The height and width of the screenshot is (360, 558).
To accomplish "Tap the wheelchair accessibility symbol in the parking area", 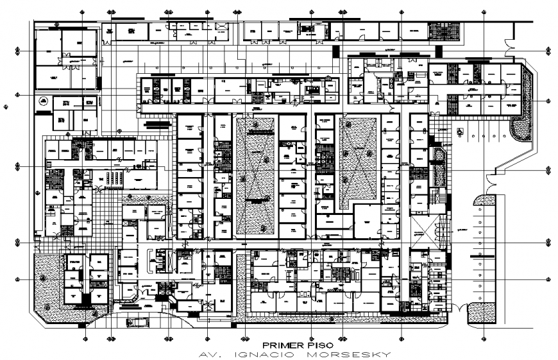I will pyautogui.click(x=459, y=131).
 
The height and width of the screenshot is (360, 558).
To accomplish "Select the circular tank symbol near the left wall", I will pyautogui.click(x=44, y=101).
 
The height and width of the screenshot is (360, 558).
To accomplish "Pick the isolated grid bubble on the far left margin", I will pyautogui.click(x=6, y=108).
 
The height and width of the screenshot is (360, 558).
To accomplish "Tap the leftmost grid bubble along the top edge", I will pyautogui.click(x=82, y=12).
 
